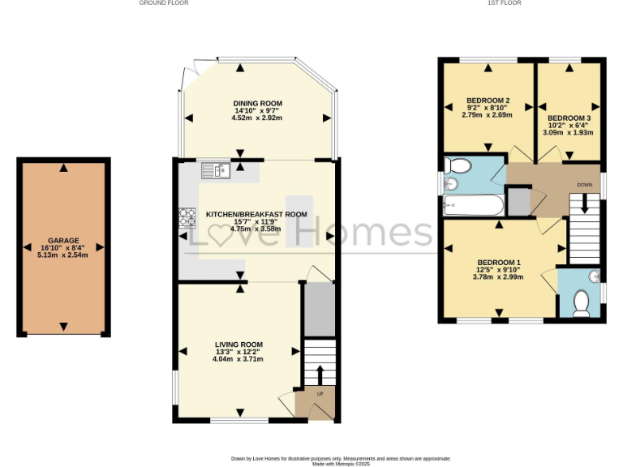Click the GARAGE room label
pos(63,241)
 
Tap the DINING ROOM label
pos(257,103)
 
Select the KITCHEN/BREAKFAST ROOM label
pos(256,214)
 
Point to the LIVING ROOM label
pos(238,345)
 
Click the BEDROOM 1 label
pos(498,263)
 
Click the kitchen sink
pos(217,169)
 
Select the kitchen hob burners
pos(187,217)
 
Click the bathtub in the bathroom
pos(472,205)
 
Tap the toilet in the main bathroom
pos(459,168)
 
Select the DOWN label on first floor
pos(584,185)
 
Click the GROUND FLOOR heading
pos(164,3)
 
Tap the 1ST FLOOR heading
pos(504,3)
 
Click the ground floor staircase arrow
pos(319,374)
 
